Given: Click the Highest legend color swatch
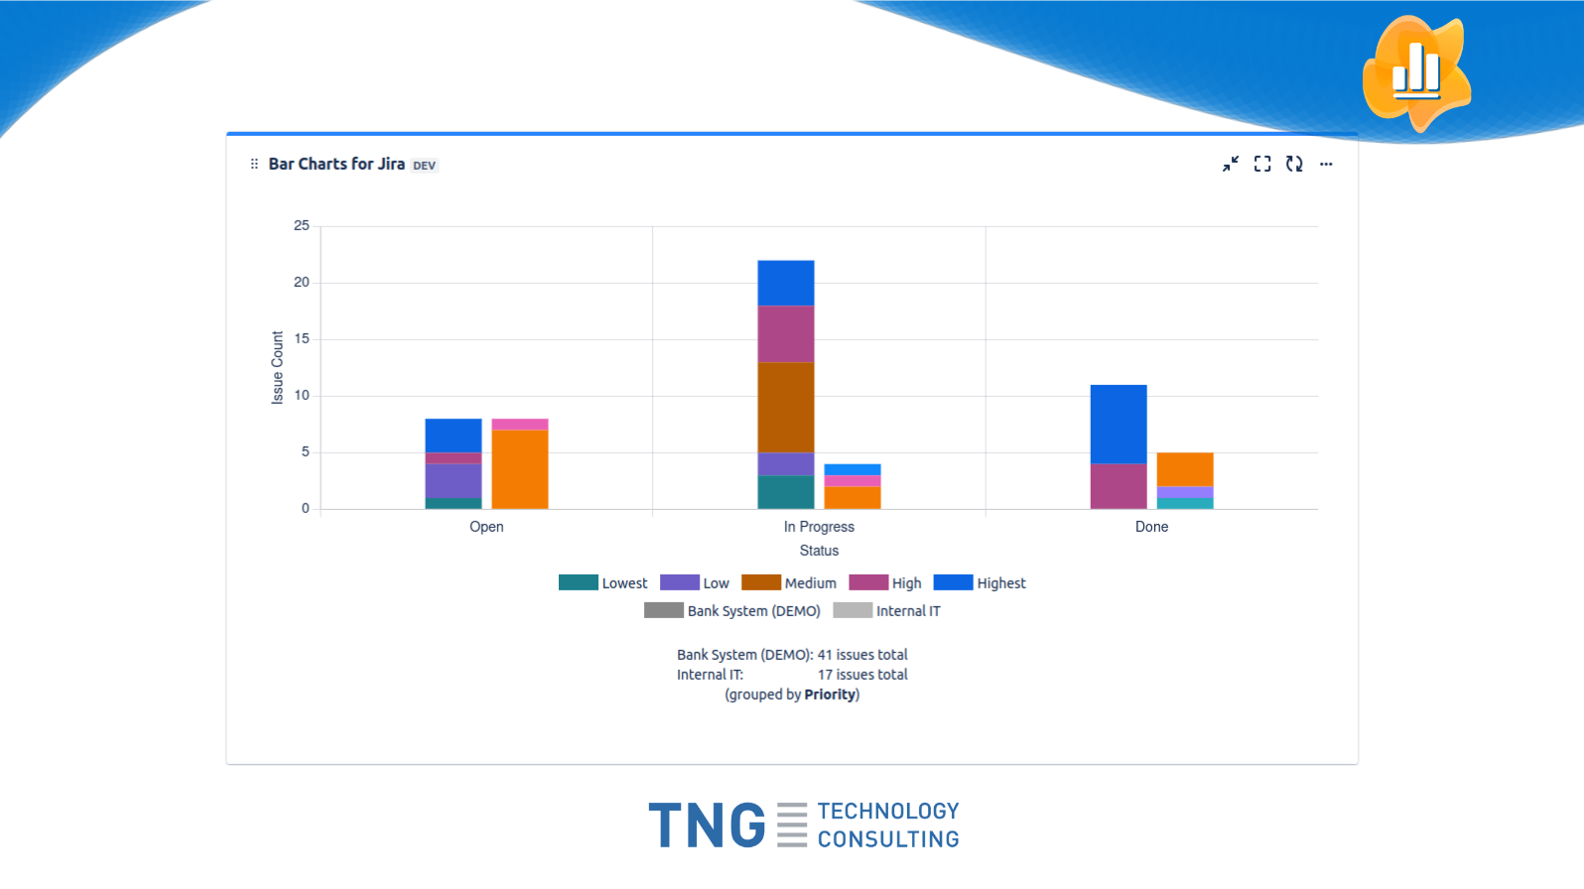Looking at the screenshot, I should tap(953, 582).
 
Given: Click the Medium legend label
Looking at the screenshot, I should tap(810, 583).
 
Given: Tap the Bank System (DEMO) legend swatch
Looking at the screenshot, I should tap(663, 610).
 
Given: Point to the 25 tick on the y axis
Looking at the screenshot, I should tap(301, 226).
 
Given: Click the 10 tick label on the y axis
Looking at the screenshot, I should tap(301, 396).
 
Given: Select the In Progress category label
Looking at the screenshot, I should tap(819, 527).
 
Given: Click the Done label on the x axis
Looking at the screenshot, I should tap(1151, 527).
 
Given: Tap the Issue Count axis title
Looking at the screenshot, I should tap(278, 367).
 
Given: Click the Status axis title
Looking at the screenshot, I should tap(819, 551).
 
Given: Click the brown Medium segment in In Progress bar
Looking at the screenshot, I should tap(786, 407).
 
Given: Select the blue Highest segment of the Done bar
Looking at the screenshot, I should tap(1119, 424).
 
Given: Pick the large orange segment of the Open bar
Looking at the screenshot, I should tap(520, 468).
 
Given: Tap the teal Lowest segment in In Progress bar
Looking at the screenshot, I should tap(786, 492).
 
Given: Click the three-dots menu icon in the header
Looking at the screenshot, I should tap(1326, 165).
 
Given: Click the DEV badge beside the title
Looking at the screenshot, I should tap(424, 166).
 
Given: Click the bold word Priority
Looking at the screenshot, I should tap(830, 695).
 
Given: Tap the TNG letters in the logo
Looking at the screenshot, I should tap(707, 825).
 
